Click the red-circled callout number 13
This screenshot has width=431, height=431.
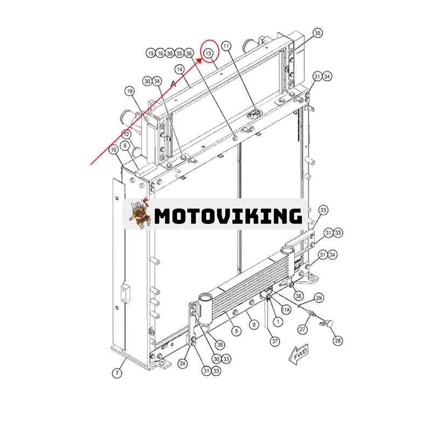pyautogui.click(x=208, y=53)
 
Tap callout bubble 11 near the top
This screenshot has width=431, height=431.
pyautogui.click(x=226, y=46)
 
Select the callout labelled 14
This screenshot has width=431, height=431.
pyautogui.click(x=180, y=69)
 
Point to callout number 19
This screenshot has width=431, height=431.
pyautogui.click(x=130, y=91)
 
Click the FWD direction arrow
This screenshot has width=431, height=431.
pyautogui.click(x=299, y=354)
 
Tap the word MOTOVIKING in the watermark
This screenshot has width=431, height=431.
pyautogui.click(x=228, y=216)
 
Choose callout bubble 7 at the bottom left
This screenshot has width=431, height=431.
pyautogui.click(x=117, y=373)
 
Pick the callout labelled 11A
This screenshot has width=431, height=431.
pyautogui.click(x=286, y=310)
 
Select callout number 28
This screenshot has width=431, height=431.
pyautogui.click(x=338, y=341)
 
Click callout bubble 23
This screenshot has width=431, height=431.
pyautogui.click(x=323, y=211)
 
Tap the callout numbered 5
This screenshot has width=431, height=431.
pyautogui.click(x=237, y=331)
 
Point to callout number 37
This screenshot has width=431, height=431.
pyautogui.click(x=275, y=342)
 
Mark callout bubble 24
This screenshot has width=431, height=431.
pyautogui.click(x=183, y=364)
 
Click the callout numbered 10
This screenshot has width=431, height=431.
pyautogui.click(x=114, y=150)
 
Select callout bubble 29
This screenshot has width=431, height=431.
pyautogui.click(x=318, y=298)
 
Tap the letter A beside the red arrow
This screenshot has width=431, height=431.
pyautogui.click(x=173, y=84)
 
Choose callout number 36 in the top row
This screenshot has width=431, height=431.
pyautogui.click(x=189, y=53)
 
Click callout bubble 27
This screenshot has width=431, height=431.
pyautogui.click(x=302, y=329)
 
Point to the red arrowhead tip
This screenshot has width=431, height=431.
pyautogui.click(x=202, y=58)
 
